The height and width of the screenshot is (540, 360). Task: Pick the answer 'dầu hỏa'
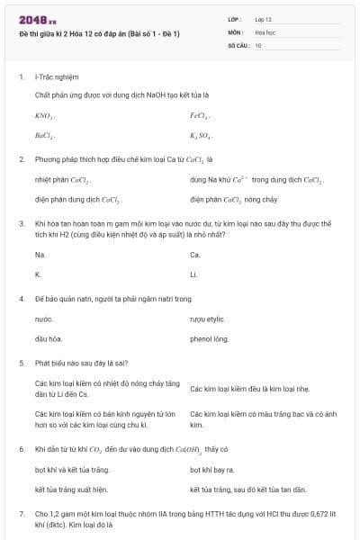click(x=48, y=339)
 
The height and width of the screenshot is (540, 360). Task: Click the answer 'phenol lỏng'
click(x=209, y=339)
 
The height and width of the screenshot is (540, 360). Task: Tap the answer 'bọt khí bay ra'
click(x=212, y=470)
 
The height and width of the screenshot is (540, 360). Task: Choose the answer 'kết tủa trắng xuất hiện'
click(x=70, y=490)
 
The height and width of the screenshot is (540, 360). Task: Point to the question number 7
click(x=21, y=513)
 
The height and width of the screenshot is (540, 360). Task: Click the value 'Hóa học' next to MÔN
click(x=265, y=31)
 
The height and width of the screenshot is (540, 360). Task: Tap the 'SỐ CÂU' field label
click(x=238, y=44)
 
